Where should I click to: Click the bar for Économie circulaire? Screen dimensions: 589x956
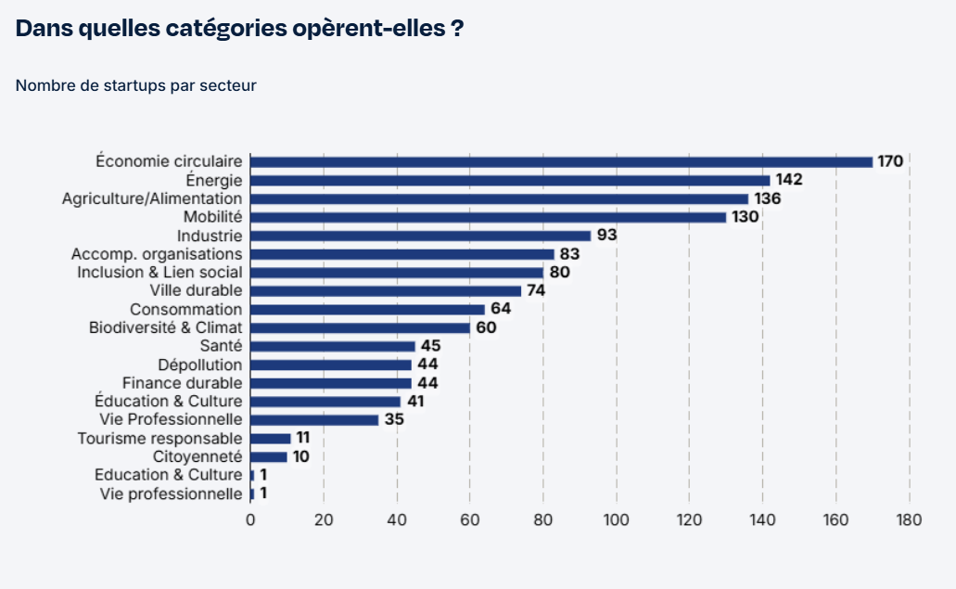tap(561, 161)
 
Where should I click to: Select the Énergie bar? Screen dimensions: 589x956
tap(510, 180)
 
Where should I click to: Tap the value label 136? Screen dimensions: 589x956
tap(767, 198)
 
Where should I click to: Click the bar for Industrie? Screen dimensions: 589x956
tap(420, 236)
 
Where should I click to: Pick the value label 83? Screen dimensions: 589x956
tap(569, 254)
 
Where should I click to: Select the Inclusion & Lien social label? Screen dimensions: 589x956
tap(159, 273)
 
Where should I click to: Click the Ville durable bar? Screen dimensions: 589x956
tap(386, 291)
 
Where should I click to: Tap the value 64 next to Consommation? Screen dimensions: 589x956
tap(501, 309)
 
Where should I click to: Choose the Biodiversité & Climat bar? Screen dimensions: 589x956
tap(360, 327)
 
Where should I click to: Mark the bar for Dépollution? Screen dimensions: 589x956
tap(331, 365)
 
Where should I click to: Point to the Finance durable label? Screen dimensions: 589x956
tap(183, 383)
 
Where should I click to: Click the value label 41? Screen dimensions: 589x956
tap(416, 402)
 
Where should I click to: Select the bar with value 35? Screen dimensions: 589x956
tap(314, 420)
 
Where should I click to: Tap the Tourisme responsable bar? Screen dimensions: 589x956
tap(271, 438)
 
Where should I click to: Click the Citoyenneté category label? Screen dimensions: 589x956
tap(198, 456)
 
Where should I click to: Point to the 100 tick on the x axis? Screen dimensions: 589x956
tap(616, 519)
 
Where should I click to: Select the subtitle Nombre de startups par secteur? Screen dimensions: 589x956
tap(135, 85)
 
